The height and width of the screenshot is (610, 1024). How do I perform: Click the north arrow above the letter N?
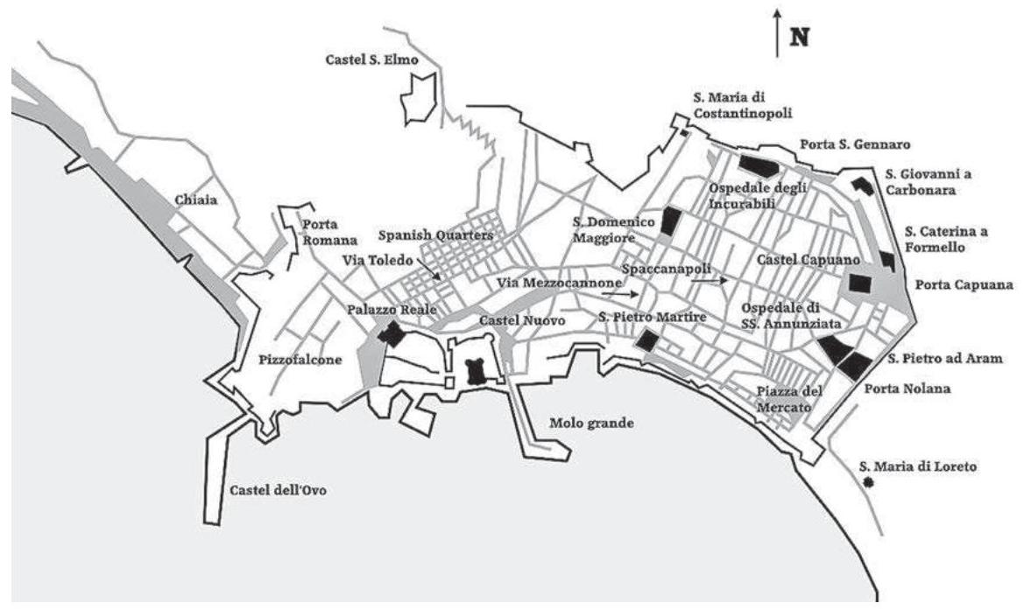777,33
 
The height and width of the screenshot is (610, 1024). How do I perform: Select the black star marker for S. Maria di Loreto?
867,482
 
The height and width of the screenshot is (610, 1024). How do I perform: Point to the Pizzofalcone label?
300,358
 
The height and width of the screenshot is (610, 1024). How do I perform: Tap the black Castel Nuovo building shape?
477,371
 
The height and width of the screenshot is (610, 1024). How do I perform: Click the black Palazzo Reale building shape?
391,333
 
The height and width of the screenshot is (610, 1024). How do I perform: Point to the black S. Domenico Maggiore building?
670,221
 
